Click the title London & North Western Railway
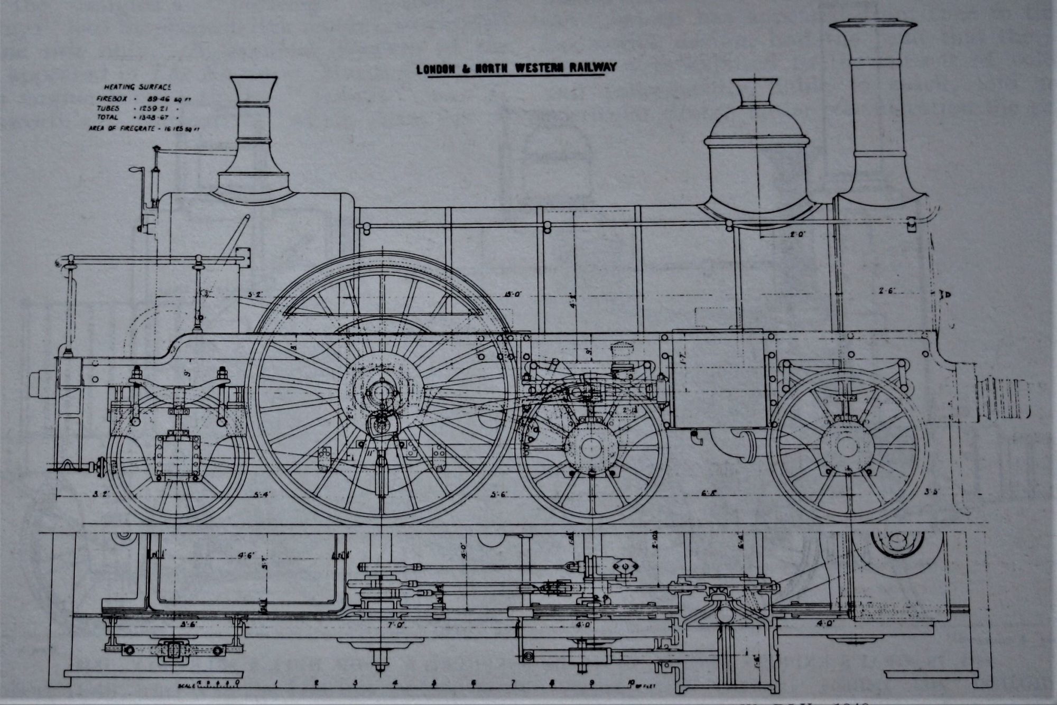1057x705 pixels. pyautogui.click(x=516, y=68)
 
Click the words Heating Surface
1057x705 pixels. pyautogui.click(x=137, y=87)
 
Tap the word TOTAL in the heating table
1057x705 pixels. pyautogui.click(x=107, y=117)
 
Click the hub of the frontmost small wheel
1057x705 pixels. pyautogui.click(x=847, y=446)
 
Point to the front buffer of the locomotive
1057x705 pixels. pyautogui.click(x=1004, y=400)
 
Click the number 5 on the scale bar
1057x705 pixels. pyautogui.click(x=433, y=682)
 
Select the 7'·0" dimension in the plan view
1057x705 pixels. pyautogui.click(x=395, y=625)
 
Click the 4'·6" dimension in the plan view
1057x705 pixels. pyautogui.click(x=246, y=556)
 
